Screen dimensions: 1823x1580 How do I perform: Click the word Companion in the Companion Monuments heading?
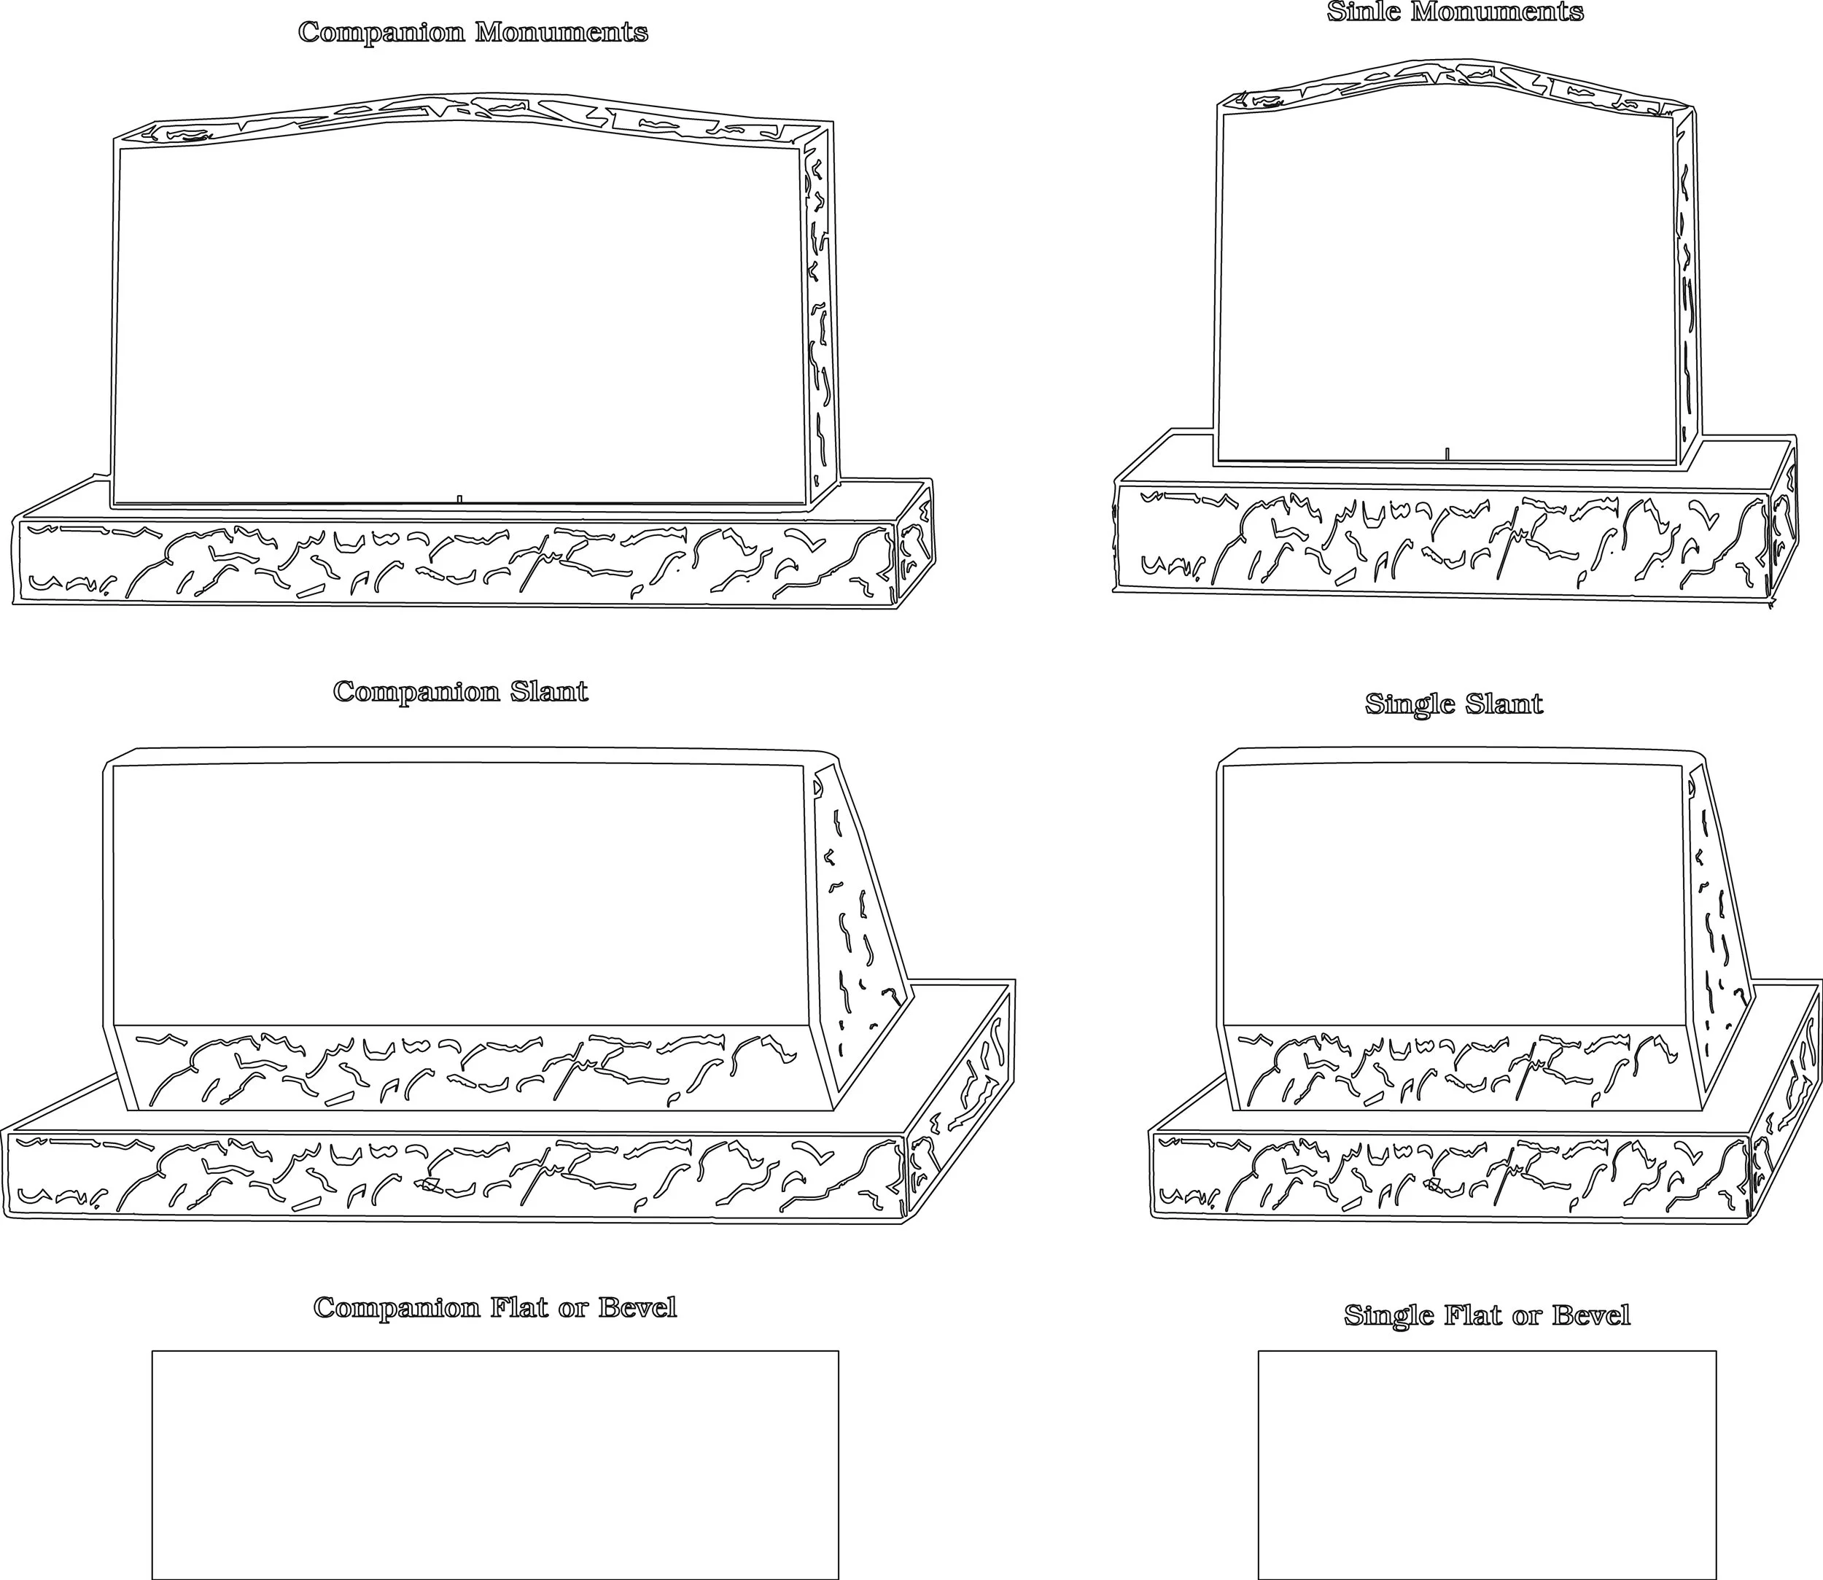click(x=380, y=34)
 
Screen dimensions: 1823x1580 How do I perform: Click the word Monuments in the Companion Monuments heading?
click(x=561, y=34)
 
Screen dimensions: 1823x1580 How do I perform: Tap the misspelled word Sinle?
click(x=1364, y=12)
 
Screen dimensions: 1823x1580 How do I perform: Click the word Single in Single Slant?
click(x=1410, y=704)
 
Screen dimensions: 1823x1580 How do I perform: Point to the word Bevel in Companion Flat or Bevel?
click(x=637, y=1307)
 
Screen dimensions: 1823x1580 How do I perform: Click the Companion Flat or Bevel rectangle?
click(x=495, y=1463)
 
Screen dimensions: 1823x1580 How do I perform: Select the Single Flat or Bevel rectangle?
click(x=1486, y=1463)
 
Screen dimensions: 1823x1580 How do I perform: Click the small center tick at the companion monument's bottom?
click(x=459, y=499)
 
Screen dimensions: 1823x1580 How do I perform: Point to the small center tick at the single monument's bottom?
click(x=1447, y=454)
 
